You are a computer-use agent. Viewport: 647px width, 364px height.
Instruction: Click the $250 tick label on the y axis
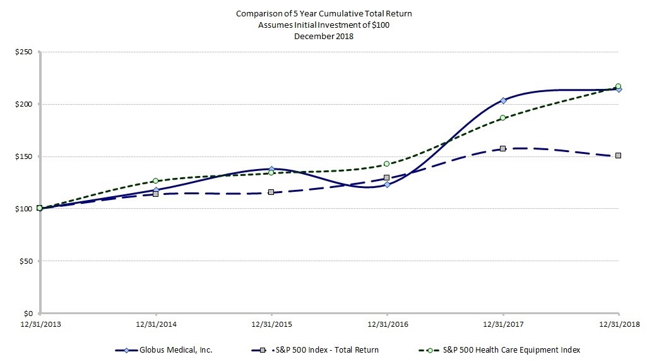24,52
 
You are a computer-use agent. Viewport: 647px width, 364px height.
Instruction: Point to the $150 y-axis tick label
24,156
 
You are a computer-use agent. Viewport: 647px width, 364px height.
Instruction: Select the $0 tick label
28,314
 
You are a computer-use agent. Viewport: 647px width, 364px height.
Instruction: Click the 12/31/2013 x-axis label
40,324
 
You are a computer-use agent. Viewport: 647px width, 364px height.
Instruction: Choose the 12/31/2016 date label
387,324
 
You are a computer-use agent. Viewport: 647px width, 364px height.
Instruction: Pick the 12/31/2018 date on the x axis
619,324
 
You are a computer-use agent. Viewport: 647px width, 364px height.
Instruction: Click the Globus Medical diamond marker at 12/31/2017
503,100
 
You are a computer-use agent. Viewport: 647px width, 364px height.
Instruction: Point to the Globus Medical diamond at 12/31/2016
387,184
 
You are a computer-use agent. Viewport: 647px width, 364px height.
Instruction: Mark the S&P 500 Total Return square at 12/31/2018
619,155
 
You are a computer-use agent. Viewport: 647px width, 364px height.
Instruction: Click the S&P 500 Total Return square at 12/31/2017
503,148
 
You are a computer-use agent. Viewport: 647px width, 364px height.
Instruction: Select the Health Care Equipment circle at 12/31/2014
156,181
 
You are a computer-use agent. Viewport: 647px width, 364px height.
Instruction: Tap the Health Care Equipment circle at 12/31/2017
503,117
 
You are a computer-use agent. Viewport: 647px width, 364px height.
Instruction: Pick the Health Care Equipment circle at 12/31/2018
619,86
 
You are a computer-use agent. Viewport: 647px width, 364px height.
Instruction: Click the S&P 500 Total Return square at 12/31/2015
271,192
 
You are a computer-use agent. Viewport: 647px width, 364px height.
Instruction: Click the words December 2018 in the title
324,36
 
